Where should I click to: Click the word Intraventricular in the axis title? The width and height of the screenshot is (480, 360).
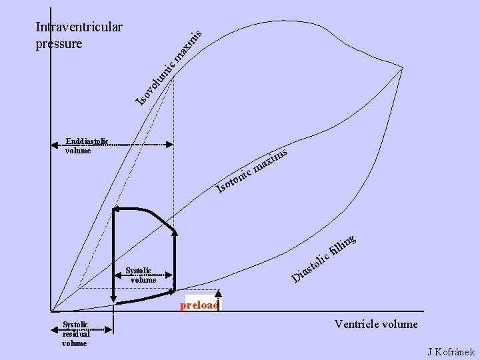point(79,28)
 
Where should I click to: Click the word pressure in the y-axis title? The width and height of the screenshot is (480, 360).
point(59,44)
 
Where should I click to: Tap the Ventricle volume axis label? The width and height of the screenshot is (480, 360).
point(376,325)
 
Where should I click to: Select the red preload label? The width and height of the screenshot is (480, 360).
point(199,305)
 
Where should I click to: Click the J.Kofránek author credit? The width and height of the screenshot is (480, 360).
point(451,351)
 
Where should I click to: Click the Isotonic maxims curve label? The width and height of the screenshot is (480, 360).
point(253,171)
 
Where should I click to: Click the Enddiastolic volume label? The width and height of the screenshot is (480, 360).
point(88,146)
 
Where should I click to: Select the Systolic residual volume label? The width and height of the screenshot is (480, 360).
point(76,334)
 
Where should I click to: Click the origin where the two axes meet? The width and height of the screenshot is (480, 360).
point(51,311)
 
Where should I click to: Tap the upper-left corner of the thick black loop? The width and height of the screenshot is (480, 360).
point(115,209)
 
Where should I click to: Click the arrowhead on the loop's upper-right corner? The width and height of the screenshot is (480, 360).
point(175,232)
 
